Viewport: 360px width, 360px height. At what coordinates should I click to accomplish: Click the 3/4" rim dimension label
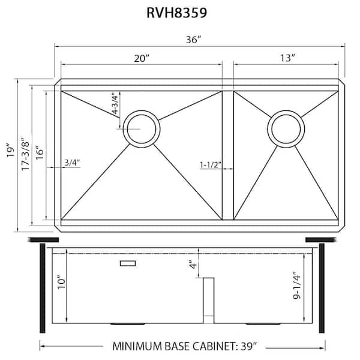[71, 162]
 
